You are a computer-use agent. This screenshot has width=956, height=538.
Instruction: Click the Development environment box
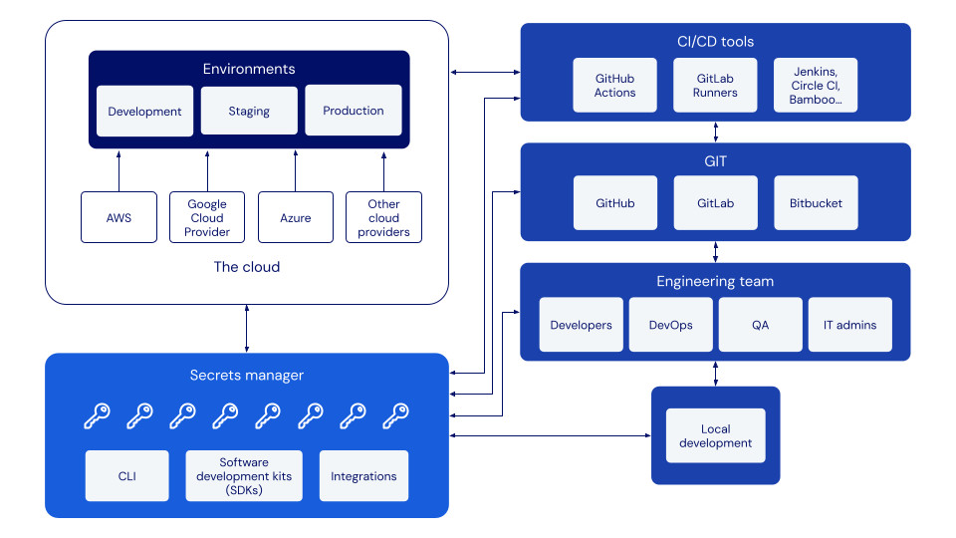144,111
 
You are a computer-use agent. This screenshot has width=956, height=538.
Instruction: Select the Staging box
249,111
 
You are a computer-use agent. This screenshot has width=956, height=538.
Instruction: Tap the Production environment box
354,110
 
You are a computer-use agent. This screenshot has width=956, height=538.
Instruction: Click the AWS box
119,217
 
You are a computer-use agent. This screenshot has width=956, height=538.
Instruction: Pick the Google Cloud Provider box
207,217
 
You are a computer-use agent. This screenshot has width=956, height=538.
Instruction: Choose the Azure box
296,217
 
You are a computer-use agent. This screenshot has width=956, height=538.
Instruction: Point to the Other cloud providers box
383,217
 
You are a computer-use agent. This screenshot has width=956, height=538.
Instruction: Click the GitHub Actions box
614,85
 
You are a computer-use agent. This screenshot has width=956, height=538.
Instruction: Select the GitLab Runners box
717,85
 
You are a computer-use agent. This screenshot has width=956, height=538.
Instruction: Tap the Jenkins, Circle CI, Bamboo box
816,85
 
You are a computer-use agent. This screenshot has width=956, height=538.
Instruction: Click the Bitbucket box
816,203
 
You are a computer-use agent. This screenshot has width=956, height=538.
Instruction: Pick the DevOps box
670,325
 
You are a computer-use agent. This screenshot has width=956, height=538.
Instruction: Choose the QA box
760,325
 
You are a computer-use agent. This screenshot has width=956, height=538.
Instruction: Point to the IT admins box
849,325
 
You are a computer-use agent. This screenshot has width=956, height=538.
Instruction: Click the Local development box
715,435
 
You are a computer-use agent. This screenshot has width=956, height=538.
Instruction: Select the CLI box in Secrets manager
127,476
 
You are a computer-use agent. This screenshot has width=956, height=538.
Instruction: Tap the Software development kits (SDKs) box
244,476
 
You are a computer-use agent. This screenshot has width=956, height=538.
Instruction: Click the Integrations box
363,476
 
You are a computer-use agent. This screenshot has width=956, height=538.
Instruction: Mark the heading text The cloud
247,267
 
